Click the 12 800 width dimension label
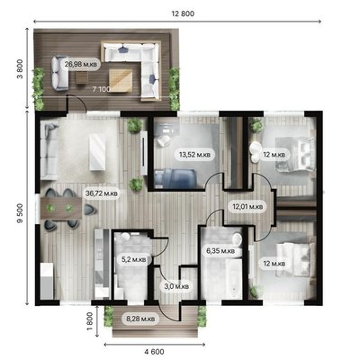(x=183, y=13)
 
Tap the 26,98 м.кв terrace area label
(x=81, y=64)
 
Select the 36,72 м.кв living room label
(x=102, y=193)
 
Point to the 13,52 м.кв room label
(x=195, y=155)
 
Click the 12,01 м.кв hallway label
(x=247, y=206)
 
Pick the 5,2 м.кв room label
(x=133, y=259)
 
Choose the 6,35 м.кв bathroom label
(x=220, y=250)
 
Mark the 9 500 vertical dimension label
(x=20, y=213)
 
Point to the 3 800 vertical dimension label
(x=20, y=69)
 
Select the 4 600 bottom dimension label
(x=154, y=352)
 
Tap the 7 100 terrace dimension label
(x=102, y=89)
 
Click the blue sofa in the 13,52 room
(x=175, y=179)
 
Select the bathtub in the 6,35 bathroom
(x=234, y=279)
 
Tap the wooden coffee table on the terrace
(x=121, y=80)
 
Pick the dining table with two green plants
(x=61, y=209)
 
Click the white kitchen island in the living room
(x=97, y=152)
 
